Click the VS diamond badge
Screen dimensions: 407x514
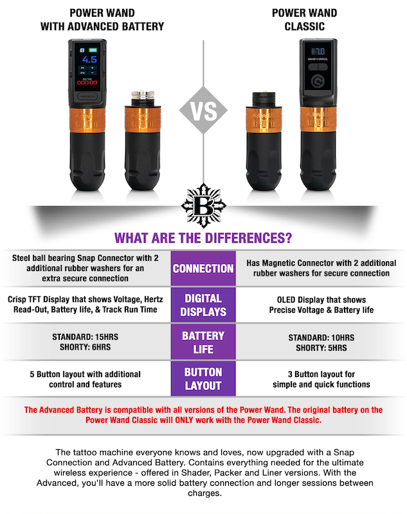tap(203, 111)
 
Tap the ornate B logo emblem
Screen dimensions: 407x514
tap(203, 206)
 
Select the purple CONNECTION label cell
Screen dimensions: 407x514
tap(203, 269)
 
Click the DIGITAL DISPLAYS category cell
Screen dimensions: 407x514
tap(203, 305)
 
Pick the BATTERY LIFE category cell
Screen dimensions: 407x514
tap(203, 342)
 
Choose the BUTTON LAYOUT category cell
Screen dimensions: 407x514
tap(203, 378)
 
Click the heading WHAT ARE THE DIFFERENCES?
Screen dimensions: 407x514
tap(203, 238)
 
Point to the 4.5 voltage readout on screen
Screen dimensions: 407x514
tap(89, 59)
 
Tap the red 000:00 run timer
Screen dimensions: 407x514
tap(87, 83)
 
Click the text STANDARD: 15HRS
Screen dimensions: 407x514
tap(86, 337)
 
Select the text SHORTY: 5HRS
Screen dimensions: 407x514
tap(321, 348)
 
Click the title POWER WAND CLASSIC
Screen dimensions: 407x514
tap(304, 20)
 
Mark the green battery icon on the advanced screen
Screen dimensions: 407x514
tap(93, 50)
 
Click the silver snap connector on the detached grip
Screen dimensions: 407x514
tap(142, 98)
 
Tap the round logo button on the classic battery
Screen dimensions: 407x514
tap(318, 81)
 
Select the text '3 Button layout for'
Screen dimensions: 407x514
tap(321, 375)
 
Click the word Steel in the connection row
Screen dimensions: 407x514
tap(21, 258)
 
